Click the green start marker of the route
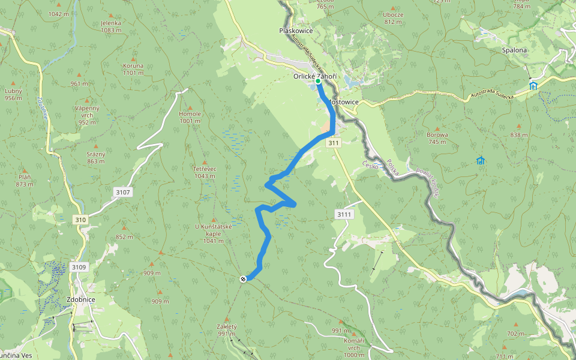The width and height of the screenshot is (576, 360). [x=318, y=81]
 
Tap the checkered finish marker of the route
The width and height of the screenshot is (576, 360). [x=243, y=278]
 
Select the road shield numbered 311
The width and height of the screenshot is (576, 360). [x=334, y=143]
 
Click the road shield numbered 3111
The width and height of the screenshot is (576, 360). [x=344, y=214]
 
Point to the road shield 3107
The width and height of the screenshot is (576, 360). [x=122, y=192]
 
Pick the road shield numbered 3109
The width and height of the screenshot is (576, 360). [x=79, y=267]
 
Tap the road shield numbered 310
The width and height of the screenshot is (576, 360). [x=80, y=220]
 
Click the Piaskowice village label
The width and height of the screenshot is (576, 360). [x=296, y=31]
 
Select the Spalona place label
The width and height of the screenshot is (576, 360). [x=515, y=50]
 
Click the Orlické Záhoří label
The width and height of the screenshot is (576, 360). [x=315, y=76]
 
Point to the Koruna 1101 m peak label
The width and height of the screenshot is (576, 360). [x=133, y=69]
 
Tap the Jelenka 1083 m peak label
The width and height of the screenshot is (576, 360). [x=112, y=26]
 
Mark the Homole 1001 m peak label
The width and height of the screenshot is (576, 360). [x=190, y=117]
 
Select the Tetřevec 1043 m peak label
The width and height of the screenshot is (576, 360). [x=205, y=172]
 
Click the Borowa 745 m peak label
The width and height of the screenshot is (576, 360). [x=437, y=138]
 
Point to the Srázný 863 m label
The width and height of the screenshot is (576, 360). [x=96, y=157]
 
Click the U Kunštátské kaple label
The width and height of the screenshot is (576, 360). [x=213, y=233]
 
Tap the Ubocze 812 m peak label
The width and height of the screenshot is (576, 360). [x=393, y=18]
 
